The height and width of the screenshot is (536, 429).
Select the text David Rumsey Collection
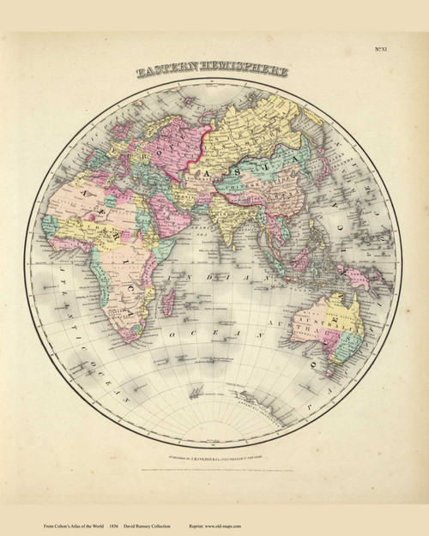tap(158, 524)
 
